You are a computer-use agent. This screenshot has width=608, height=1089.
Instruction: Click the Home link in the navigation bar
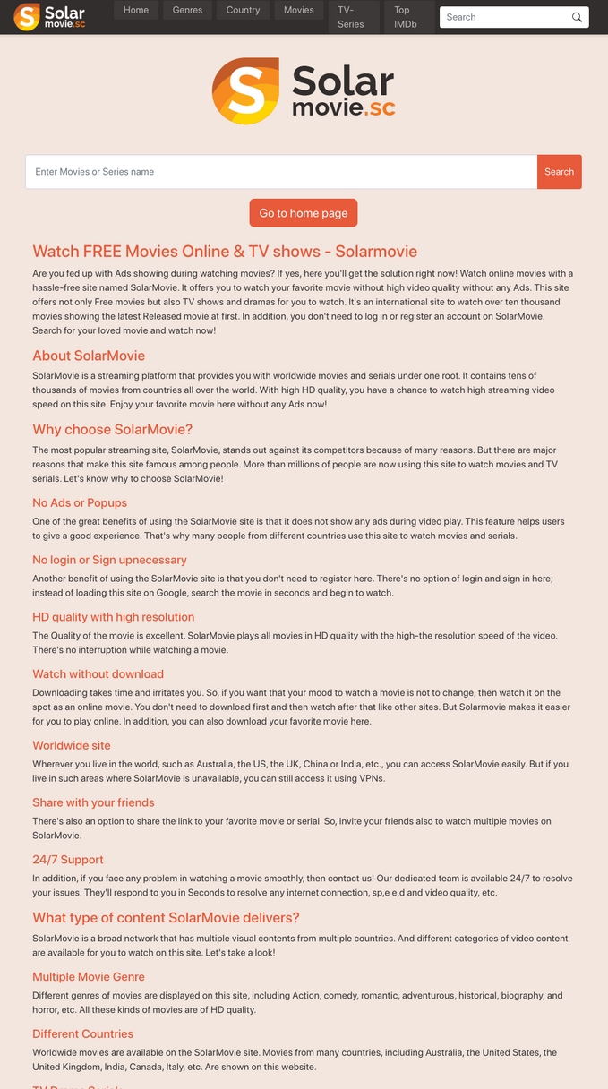(x=136, y=10)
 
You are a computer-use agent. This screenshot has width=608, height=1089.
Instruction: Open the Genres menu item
(x=187, y=10)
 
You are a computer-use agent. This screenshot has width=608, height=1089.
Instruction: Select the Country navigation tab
(x=243, y=10)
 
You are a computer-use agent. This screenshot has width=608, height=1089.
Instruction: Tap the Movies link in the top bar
(x=298, y=10)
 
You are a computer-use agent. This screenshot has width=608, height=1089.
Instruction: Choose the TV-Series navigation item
(x=351, y=17)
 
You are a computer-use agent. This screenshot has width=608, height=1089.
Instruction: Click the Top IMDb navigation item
(x=406, y=17)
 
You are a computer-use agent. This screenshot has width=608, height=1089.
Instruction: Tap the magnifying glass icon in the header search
(x=578, y=17)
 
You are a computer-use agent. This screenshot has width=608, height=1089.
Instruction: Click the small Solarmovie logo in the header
(x=50, y=16)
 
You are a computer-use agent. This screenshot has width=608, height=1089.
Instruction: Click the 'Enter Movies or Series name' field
(x=281, y=172)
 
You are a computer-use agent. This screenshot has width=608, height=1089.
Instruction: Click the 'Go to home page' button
(x=304, y=213)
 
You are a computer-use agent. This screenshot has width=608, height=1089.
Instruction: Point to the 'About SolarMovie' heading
(x=89, y=356)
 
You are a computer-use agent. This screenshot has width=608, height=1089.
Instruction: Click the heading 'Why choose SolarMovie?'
(x=113, y=429)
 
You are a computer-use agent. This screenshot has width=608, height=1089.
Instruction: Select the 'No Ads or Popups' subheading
(x=80, y=502)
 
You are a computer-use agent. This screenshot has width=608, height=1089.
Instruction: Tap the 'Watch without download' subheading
(x=98, y=673)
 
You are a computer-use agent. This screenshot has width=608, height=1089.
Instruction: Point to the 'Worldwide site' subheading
(x=72, y=745)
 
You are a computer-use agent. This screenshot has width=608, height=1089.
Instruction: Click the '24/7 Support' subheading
(x=68, y=860)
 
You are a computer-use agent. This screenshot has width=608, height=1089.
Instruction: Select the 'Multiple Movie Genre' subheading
(x=89, y=976)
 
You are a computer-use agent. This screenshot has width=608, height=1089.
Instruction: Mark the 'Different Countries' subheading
(x=83, y=1033)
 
